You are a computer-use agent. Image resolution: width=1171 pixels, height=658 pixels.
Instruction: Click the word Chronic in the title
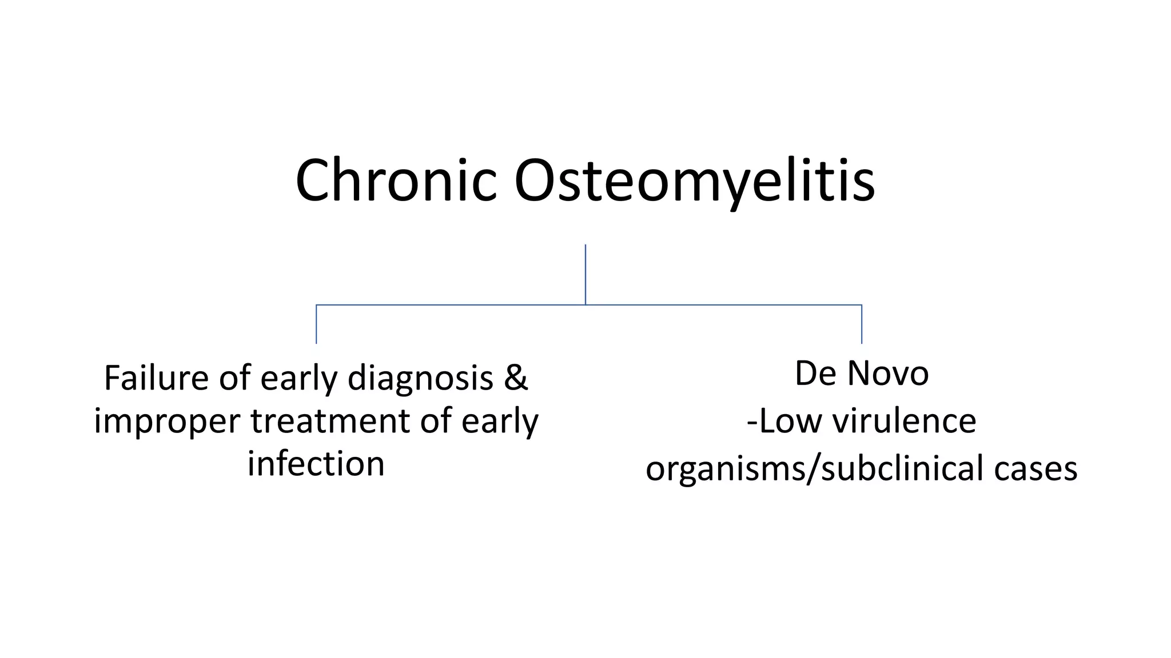coord(396,180)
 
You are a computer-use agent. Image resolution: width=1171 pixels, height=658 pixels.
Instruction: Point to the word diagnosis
coord(420,379)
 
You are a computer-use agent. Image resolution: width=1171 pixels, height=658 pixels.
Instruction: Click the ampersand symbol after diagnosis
coord(516,378)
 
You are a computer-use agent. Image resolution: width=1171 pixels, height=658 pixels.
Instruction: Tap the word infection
coord(316,463)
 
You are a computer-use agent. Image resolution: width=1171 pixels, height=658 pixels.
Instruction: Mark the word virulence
coord(904,421)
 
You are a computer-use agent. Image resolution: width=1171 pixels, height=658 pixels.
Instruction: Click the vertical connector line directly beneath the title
coord(585,274)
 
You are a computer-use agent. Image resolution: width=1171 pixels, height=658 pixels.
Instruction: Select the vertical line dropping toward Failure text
coord(316,324)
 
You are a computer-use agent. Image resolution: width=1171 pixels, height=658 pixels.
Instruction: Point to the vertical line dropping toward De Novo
coord(862,324)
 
